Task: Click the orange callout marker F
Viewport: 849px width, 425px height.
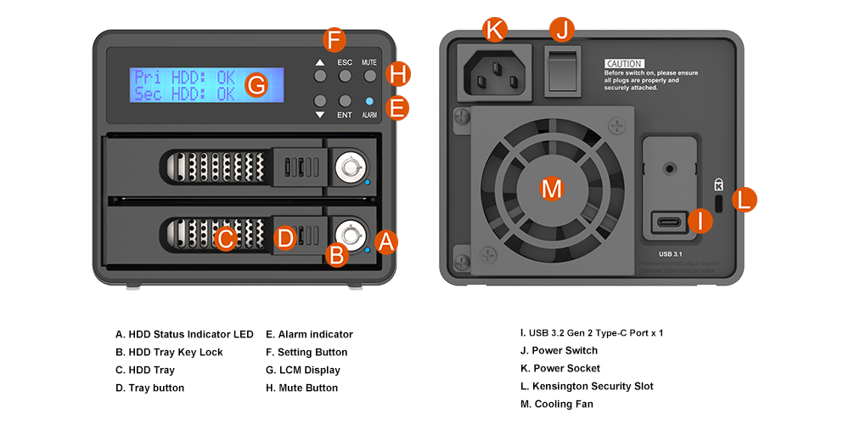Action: [335, 39]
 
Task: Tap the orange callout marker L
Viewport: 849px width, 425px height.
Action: [744, 201]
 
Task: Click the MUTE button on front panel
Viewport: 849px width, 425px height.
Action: [369, 76]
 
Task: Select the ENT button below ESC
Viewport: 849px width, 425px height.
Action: [345, 100]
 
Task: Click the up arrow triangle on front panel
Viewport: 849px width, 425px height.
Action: [319, 62]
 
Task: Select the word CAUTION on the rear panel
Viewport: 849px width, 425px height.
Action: [624, 64]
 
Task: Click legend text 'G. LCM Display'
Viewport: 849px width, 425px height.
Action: [303, 370]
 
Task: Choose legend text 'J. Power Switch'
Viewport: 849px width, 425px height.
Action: [559, 350]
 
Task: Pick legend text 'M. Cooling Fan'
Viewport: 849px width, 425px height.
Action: [556, 404]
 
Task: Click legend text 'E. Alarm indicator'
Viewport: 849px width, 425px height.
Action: [309, 334]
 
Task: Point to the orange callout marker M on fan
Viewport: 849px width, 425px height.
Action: [552, 189]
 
